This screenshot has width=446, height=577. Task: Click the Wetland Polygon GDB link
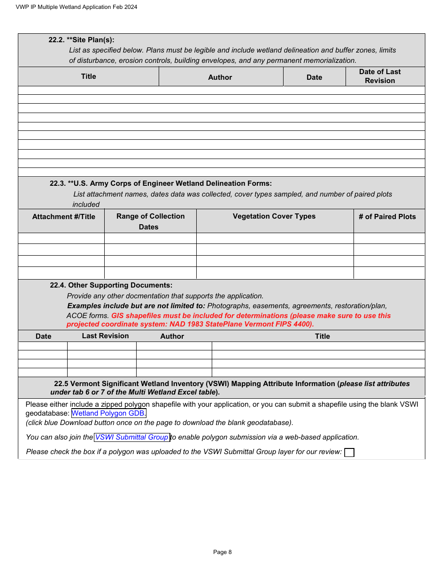click(x=108, y=413)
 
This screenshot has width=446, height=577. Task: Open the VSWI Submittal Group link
click(x=132, y=437)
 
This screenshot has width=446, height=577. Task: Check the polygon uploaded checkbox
click(x=349, y=452)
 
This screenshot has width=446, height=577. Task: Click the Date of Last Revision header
click(x=380, y=76)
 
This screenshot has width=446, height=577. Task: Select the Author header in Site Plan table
click(x=220, y=77)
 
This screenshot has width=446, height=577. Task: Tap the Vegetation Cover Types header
click(x=274, y=216)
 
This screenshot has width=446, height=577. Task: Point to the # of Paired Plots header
click(x=387, y=217)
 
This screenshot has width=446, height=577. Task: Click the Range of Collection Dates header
click(x=150, y=221)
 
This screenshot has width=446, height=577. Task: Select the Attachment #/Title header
click(x=63, y=217)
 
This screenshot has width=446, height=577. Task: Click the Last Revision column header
click(x=105, y=336)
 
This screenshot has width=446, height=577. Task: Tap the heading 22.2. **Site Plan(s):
click(x=81, y=40)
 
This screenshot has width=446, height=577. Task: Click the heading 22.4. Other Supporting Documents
click(x=111, y=285)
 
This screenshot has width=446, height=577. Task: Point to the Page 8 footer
click(x=223, y=552)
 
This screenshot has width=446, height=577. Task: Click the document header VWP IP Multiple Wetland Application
click(x=77, y=7)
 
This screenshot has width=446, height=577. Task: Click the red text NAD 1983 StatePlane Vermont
click(x=190, y=324)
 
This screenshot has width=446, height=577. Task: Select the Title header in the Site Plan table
click(x=88, y=76)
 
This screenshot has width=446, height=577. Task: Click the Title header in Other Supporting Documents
click(x=323, y=336)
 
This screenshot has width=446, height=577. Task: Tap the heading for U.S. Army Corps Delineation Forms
click(x=161, y=183)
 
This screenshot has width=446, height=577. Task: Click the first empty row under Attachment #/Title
click(x=61, y=238)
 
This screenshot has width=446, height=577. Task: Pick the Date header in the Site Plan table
click(x=314, y=77)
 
